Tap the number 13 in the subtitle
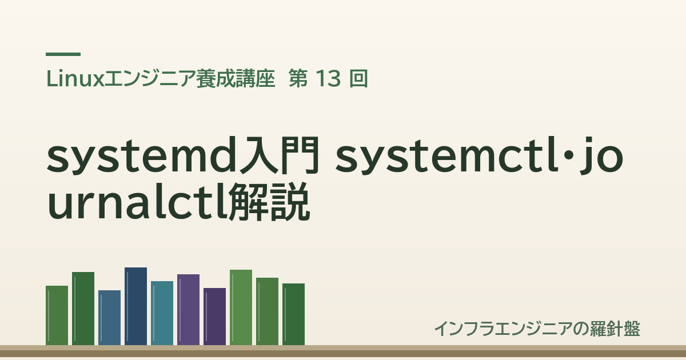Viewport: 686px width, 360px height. [328, 79]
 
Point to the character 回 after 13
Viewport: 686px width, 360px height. [358, 79]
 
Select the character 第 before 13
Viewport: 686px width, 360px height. [298, 79]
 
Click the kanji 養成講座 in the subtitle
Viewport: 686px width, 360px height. [236, 79]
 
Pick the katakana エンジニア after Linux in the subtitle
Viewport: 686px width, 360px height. [150, 79]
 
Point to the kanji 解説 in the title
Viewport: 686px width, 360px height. [269, 202]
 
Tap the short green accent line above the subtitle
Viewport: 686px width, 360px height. [63, 54]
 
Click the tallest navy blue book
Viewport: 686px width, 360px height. [135, 306]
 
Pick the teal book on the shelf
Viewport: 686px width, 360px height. [162, 313]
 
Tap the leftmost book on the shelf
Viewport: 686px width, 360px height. [57, 315]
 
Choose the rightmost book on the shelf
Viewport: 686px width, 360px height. [293, 314]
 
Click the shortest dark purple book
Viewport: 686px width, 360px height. [215, 317]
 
